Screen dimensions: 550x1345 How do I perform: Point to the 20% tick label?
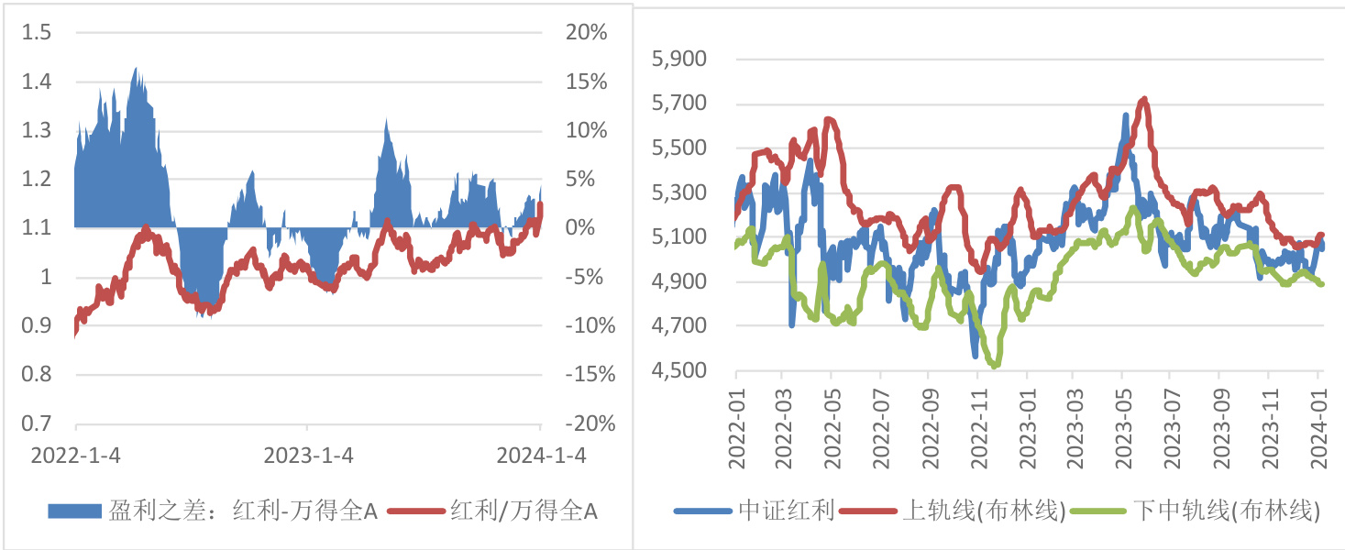click(586, 33)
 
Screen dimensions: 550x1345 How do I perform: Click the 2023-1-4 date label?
click(307, 456)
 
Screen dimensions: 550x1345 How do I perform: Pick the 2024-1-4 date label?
click(541, 456)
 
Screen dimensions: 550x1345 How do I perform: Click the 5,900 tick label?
click(678, 60)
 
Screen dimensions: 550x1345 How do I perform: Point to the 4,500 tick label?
click(678, 370)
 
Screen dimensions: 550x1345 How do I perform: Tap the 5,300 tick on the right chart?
click(678, 192)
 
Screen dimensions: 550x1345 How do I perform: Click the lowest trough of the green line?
click(996, 366)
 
